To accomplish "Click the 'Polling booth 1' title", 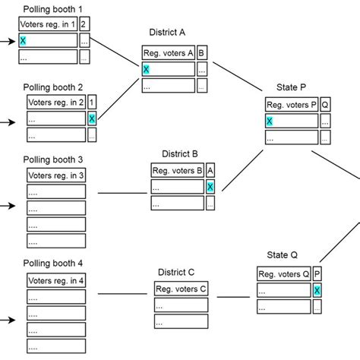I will coord(53,10).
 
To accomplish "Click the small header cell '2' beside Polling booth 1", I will coord(84,25).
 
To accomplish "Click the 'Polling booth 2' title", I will coord(53,87).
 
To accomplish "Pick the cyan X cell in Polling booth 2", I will coord(92,118).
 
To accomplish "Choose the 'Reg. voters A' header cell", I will coord(168,52).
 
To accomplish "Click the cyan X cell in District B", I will coord(210,187).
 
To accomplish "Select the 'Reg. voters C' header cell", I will coord(181,289).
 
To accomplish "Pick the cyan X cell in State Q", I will coord(317,291).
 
